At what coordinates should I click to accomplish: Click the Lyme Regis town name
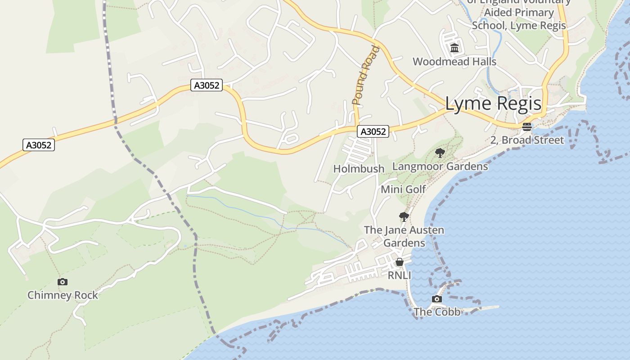[x=493, y=104]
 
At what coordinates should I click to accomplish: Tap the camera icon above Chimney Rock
[x=63, y=282]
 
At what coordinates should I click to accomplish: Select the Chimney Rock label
[x=63, y=295]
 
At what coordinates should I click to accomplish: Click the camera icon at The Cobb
[x=436, y=299]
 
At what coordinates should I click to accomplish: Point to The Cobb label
[x=437, y=312]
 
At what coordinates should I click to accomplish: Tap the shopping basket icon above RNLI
[x=399, y=262]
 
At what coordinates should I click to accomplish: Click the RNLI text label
[x=399, y=275]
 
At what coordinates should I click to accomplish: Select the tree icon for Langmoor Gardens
[x=440, y=153]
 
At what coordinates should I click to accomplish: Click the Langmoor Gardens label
[x=440, y=166]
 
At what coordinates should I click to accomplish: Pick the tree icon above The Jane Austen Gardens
[x=404, y=217]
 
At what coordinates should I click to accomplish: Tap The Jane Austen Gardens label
[x=404, y=236]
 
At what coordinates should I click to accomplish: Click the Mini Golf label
[x=403, y=189]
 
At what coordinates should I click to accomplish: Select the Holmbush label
[x=359, y=169]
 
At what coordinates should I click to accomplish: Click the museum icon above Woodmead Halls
[x=454, y=48]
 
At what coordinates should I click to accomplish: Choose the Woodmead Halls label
[x=454, y=62]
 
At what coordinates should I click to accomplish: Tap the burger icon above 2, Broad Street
[x=527, y=127]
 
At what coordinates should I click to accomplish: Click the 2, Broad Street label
[x=527, y=140]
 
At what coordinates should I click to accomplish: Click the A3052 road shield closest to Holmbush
[x=373, y=131]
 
